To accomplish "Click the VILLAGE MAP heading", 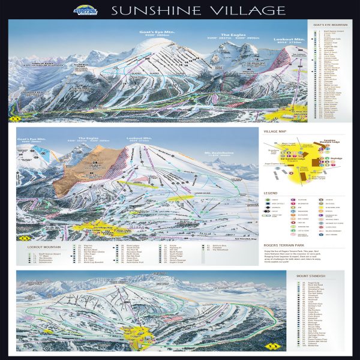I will coord(275,130).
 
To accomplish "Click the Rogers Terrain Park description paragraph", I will coord(302,257).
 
